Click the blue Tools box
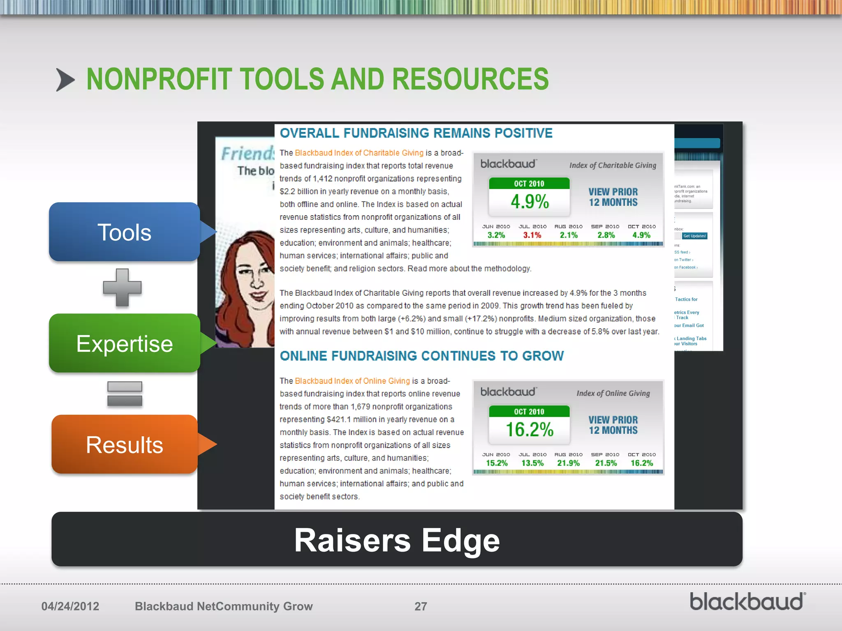coord(124,232)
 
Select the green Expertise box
coord(124,343)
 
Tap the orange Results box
coord(124,444)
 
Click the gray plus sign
coord(122,288)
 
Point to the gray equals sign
coord(125,394)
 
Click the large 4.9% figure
coord(530,202)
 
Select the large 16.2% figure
coord(530,430)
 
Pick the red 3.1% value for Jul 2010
coord(532,235)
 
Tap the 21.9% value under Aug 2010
coord(568,463)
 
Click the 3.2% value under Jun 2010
coord(496,235)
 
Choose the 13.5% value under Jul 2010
coord(532,463)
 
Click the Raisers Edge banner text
coord(397,540)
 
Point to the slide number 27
coord(421,606)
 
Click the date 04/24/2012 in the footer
coord(70,606)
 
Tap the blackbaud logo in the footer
coord(747,602)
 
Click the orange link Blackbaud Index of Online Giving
coord(352,381)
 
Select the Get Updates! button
coord(694,236)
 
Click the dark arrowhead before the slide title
coord(65,80)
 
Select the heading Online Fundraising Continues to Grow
coord(422,356)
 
